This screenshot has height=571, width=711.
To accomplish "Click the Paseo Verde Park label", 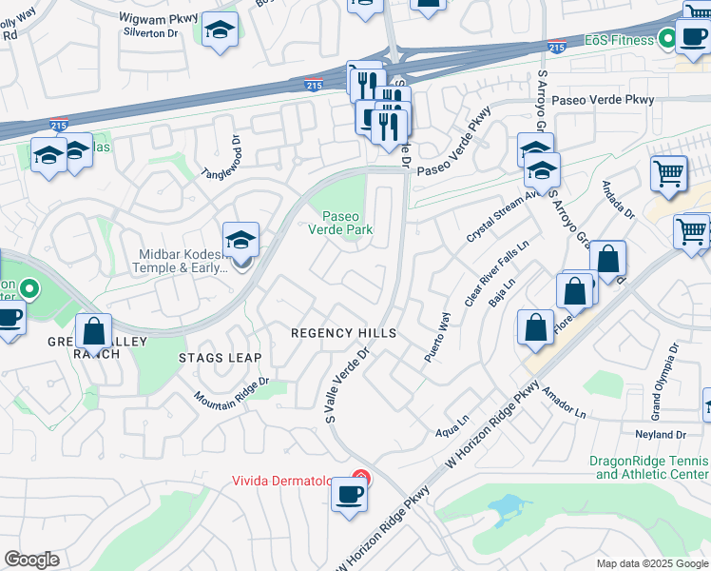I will [340, 223].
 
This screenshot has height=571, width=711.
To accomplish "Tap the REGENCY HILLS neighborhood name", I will [342, 333].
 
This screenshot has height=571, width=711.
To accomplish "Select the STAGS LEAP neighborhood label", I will [220, 358].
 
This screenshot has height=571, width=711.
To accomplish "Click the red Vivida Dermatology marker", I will [361, 479].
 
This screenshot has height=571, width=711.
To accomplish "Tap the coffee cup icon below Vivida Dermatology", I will [350, 495].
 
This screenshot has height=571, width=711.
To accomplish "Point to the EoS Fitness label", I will [618, 40].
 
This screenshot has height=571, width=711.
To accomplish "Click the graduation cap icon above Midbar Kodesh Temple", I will [240, 241].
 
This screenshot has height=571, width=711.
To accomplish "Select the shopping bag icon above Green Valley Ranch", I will [93, 332].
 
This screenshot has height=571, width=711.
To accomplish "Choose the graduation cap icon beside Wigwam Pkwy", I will [220, 30].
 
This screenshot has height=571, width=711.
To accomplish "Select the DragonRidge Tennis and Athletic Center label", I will [649, 466].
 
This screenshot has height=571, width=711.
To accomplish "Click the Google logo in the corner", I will [31, 560].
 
